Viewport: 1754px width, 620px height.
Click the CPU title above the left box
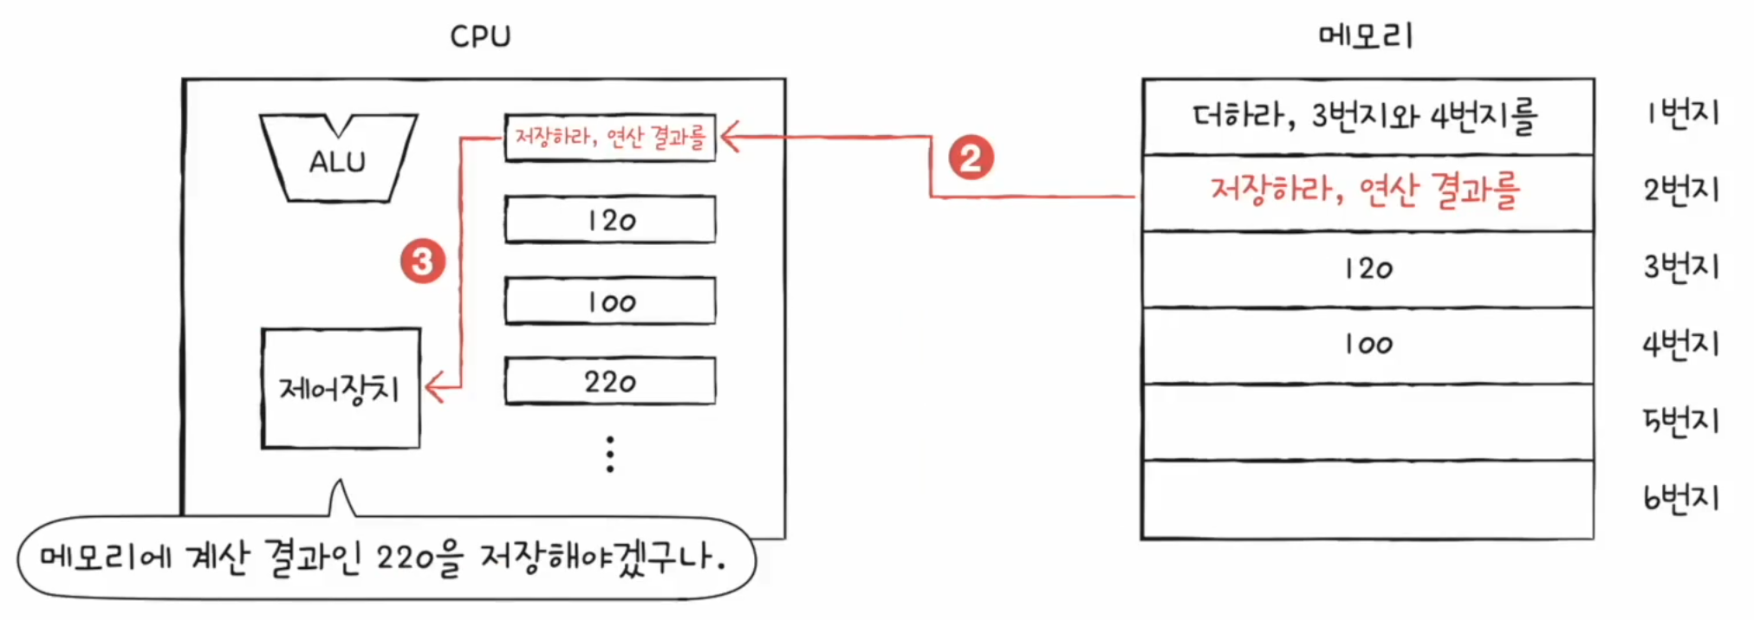pos(480,36)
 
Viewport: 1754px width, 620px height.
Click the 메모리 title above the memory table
pos(1366,36)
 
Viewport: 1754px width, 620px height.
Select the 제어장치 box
pos(341,388)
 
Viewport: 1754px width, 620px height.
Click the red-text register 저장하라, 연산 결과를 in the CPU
pos(610,137)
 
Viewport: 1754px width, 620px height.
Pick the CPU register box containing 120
pos(610,220)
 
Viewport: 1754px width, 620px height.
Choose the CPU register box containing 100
pos(610,301)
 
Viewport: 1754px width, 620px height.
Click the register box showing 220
pos(610,381)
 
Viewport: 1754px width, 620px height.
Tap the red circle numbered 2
pos(971,158)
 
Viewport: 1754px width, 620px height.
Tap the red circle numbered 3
pos(422,262)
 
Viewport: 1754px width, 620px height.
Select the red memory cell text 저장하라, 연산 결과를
pos(1366,191)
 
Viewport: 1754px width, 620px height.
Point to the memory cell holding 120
pos(1367,268)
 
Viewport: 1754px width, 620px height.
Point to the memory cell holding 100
pos(1367,345)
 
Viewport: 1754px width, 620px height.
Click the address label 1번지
pos(1682,113)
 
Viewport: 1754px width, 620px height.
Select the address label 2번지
pos(1682,190)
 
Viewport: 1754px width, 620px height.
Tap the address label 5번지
pos(1682,421)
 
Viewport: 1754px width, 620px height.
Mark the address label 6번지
pos(1682,498)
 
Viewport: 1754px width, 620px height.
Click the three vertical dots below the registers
pos(610,454)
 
